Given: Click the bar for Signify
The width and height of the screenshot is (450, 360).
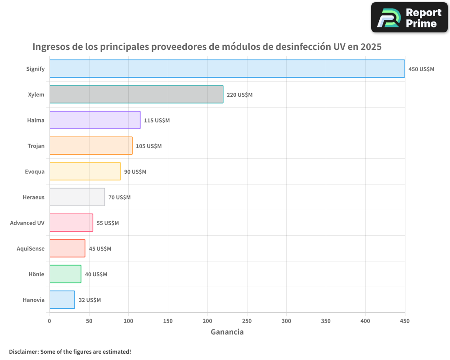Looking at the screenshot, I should [x=227, y=69].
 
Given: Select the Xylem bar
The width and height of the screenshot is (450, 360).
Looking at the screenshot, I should [x=136, y=94].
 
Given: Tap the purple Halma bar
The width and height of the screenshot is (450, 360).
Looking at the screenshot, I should [x=94, y=120].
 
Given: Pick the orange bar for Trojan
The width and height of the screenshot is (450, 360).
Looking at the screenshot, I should [x=91, y=146].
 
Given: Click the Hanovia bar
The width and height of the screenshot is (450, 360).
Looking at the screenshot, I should [x=62, y=300].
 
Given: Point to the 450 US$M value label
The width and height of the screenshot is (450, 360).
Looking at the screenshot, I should [x=421, y=69].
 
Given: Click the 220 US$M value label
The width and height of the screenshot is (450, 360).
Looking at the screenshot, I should [x=239, y=95].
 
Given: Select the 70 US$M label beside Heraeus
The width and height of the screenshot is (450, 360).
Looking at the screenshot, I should [x=119, y=198].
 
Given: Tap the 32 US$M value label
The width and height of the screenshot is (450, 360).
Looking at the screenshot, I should [x=90, y=300].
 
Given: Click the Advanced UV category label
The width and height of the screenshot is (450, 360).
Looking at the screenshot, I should [x=27, y=223].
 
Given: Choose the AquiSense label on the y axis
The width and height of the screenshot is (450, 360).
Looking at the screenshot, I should [x=31, y=248].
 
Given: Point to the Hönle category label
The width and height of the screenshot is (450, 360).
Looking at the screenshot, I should [x=36, y=274].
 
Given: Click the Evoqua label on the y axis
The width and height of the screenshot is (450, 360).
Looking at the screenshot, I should [x=35, y=171].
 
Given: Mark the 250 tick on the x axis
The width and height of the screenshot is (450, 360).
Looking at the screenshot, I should [x=247, y=321].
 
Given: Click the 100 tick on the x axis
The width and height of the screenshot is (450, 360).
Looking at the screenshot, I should [x=128, y=321].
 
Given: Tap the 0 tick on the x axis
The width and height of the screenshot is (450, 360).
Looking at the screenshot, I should [x=49, y=321].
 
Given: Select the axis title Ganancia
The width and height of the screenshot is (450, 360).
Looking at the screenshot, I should [x=227, y=332].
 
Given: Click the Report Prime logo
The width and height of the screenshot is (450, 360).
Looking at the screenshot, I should [x=409, y=18].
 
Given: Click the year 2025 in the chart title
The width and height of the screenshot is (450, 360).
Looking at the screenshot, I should [x=370, y=47].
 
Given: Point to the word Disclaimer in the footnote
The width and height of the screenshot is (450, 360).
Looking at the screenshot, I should [x=23, y=351].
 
